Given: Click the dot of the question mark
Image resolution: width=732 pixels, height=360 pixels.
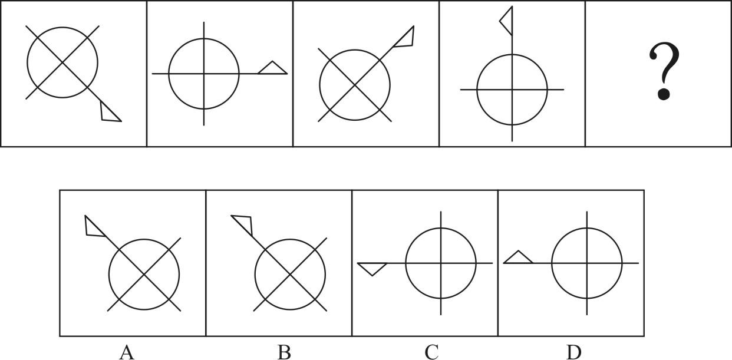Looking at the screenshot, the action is [x=664, y=94].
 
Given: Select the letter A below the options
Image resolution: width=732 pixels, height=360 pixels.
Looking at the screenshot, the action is [x=127, y=352].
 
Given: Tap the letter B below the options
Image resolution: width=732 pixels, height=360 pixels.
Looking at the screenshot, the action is [x=284, y=352].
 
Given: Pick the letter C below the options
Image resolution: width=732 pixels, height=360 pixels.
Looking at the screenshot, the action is [x=431, y=353].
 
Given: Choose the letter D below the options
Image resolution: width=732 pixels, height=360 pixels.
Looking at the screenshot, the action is [x=573, y=352].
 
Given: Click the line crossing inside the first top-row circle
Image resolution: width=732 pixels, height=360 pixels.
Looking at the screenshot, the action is [x=62, y=62].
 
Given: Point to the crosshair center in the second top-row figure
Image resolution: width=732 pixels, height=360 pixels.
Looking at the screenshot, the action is [x=204, y=74].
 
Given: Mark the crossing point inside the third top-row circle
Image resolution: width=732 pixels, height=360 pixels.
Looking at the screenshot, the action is [x=355, y=85].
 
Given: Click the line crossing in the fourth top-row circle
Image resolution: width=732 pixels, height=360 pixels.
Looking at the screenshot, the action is [x=512, y=90].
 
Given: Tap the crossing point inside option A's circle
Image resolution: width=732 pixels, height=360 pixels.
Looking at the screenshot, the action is [x=144, y=275].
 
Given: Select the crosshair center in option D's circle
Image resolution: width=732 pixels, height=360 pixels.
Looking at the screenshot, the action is [x=587, y=263].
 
